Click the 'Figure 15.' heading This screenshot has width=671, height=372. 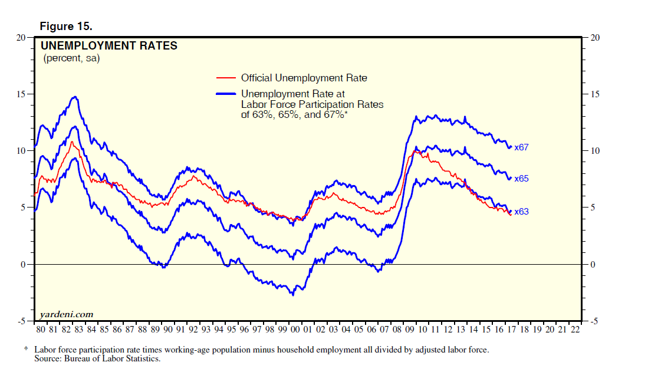pos(66,27)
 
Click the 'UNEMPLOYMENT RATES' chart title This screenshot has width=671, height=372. pos(108,45)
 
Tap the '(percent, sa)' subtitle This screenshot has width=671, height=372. pos(71,58)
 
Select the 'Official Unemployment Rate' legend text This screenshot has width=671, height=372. pos(304,78)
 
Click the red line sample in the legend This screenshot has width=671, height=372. pos(226,78)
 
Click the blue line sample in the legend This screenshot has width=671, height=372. pos(226,93)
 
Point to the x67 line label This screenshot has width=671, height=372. pos(521,147)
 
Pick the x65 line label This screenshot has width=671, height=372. pos(521,179)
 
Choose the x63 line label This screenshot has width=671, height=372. pos(521,212)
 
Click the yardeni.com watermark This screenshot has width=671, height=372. pos(67,315)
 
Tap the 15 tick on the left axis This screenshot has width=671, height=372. pos(22,94)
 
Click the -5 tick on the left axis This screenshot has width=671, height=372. pos(22,321)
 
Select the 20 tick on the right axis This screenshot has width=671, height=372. pos(595,38)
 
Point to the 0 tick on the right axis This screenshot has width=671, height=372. pos(593,265)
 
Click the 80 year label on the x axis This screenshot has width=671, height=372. pos(41,330)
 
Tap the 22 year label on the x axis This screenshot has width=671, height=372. pos(575,330)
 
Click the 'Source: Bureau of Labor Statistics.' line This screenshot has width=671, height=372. pos(97,358)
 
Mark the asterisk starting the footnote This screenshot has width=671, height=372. pos(26,350)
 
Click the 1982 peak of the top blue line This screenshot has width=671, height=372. pos(75,97)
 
